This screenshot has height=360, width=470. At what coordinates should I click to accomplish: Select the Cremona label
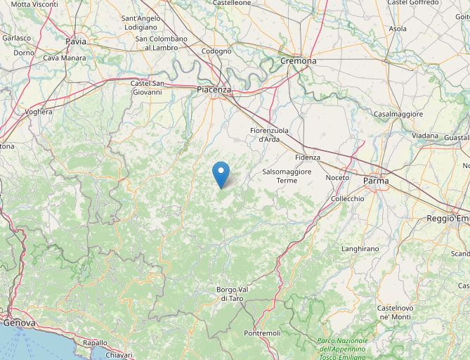coord(299,61)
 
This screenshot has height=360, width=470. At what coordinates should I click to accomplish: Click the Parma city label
coord(376,181)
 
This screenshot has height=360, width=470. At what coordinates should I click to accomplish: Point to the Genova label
coord(20,323)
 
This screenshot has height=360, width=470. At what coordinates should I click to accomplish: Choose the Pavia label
coord(76,41)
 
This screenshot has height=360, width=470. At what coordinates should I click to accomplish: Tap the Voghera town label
coord(39,112)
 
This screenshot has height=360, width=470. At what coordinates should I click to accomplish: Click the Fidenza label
coord(308,157)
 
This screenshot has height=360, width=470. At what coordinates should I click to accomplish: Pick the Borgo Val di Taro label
coord(232,294)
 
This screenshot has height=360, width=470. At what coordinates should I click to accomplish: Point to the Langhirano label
coord(360,249)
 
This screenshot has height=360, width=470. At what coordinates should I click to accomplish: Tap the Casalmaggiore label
coord(398,114)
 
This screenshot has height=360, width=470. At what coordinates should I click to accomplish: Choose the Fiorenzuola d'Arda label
coord(270,135)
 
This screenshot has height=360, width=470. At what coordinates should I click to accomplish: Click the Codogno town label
coord(216,51)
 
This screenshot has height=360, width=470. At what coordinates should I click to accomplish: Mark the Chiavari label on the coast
coord(119,355)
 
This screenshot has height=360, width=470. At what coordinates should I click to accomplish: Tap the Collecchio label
coord(348,199)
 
